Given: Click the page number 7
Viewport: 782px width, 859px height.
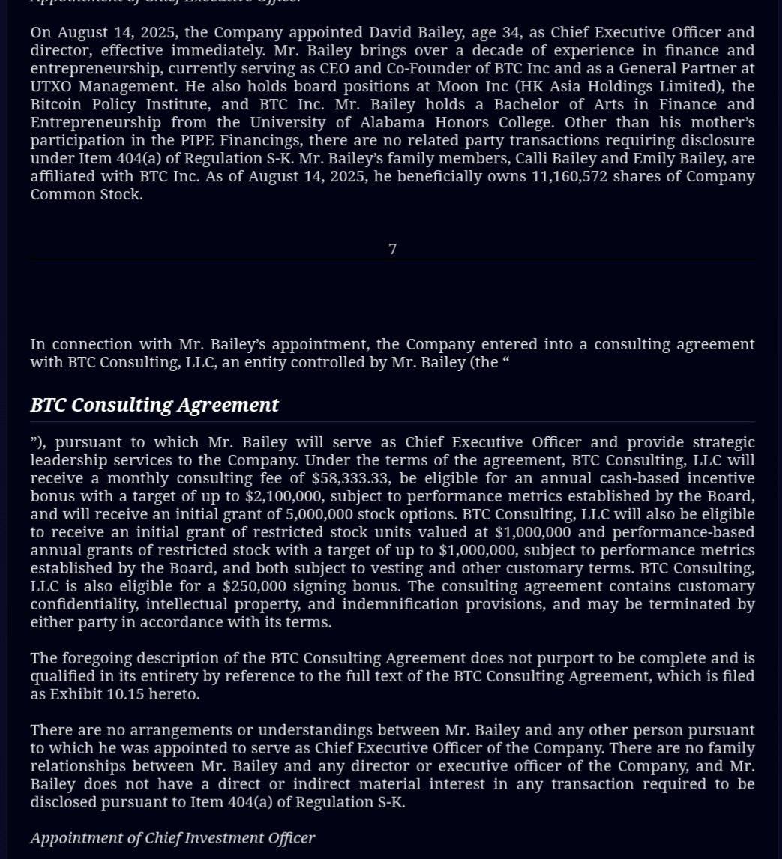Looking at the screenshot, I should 392,249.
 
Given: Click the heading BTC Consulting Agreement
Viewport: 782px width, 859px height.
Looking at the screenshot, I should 154,405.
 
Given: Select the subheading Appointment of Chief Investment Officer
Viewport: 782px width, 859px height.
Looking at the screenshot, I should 172,837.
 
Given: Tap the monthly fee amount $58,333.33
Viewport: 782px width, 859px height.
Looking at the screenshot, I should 350,478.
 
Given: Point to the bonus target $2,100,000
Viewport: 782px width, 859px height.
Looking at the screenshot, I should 284,496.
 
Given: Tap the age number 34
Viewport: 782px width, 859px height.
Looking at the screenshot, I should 515,32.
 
